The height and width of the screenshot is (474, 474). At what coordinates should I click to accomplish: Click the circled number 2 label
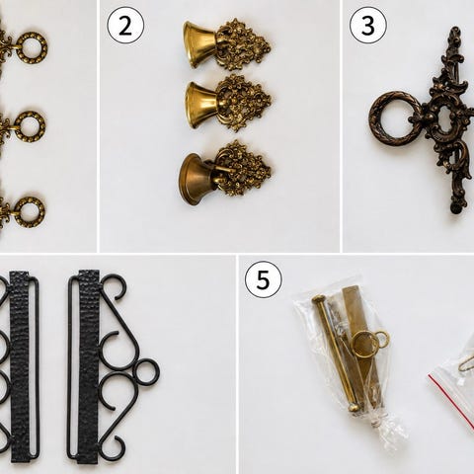pyautogui.click(x=125, y=26)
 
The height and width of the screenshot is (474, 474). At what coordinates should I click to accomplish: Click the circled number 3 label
pyautogui.click(x=368, y=26)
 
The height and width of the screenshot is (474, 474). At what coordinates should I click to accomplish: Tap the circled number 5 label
pyautogui.click(x=263, y=279)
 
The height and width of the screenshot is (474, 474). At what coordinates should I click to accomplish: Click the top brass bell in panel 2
pyautogui.click(x=199, y=44)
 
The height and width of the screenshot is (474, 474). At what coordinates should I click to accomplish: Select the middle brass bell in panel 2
pyautogui.click(x=201, y=105)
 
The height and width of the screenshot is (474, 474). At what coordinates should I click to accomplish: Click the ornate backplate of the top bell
pyautogui.click(x=244, y=44)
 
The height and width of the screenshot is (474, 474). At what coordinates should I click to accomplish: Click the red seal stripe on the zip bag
pyautogui.click(x=451, y=402)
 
